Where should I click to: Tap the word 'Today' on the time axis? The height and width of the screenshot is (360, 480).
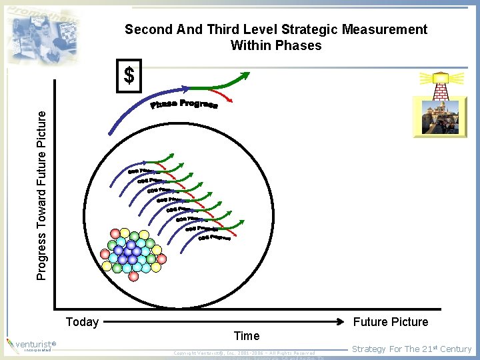(82, 322)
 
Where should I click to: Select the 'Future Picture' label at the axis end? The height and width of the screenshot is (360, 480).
(391, 322)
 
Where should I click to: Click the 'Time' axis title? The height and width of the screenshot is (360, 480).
(246, 336)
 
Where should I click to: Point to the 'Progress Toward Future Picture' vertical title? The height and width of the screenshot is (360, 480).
(42, 195)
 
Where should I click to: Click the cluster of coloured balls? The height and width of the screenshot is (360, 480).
(131, 251)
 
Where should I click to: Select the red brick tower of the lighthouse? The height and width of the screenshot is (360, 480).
(440, 89)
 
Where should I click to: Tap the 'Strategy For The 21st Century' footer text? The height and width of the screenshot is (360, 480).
(411, 349)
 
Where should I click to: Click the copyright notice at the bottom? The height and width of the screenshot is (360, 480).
(243, 352)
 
